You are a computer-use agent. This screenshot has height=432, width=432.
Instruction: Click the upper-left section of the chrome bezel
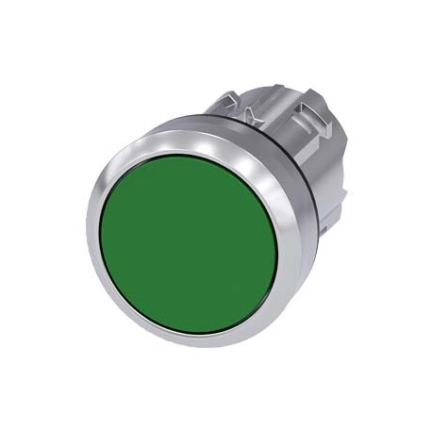(x=120, y=160)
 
